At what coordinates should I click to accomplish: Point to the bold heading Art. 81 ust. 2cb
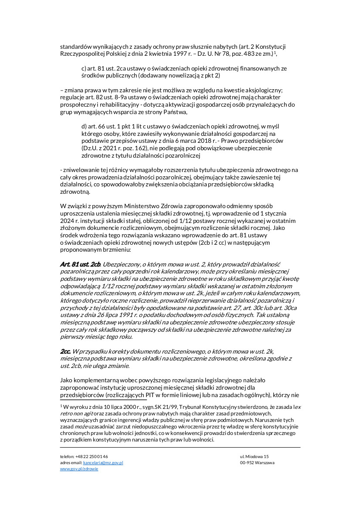(80, 264)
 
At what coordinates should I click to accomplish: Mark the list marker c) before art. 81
(84, 69)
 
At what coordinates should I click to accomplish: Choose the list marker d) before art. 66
(84, 126)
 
